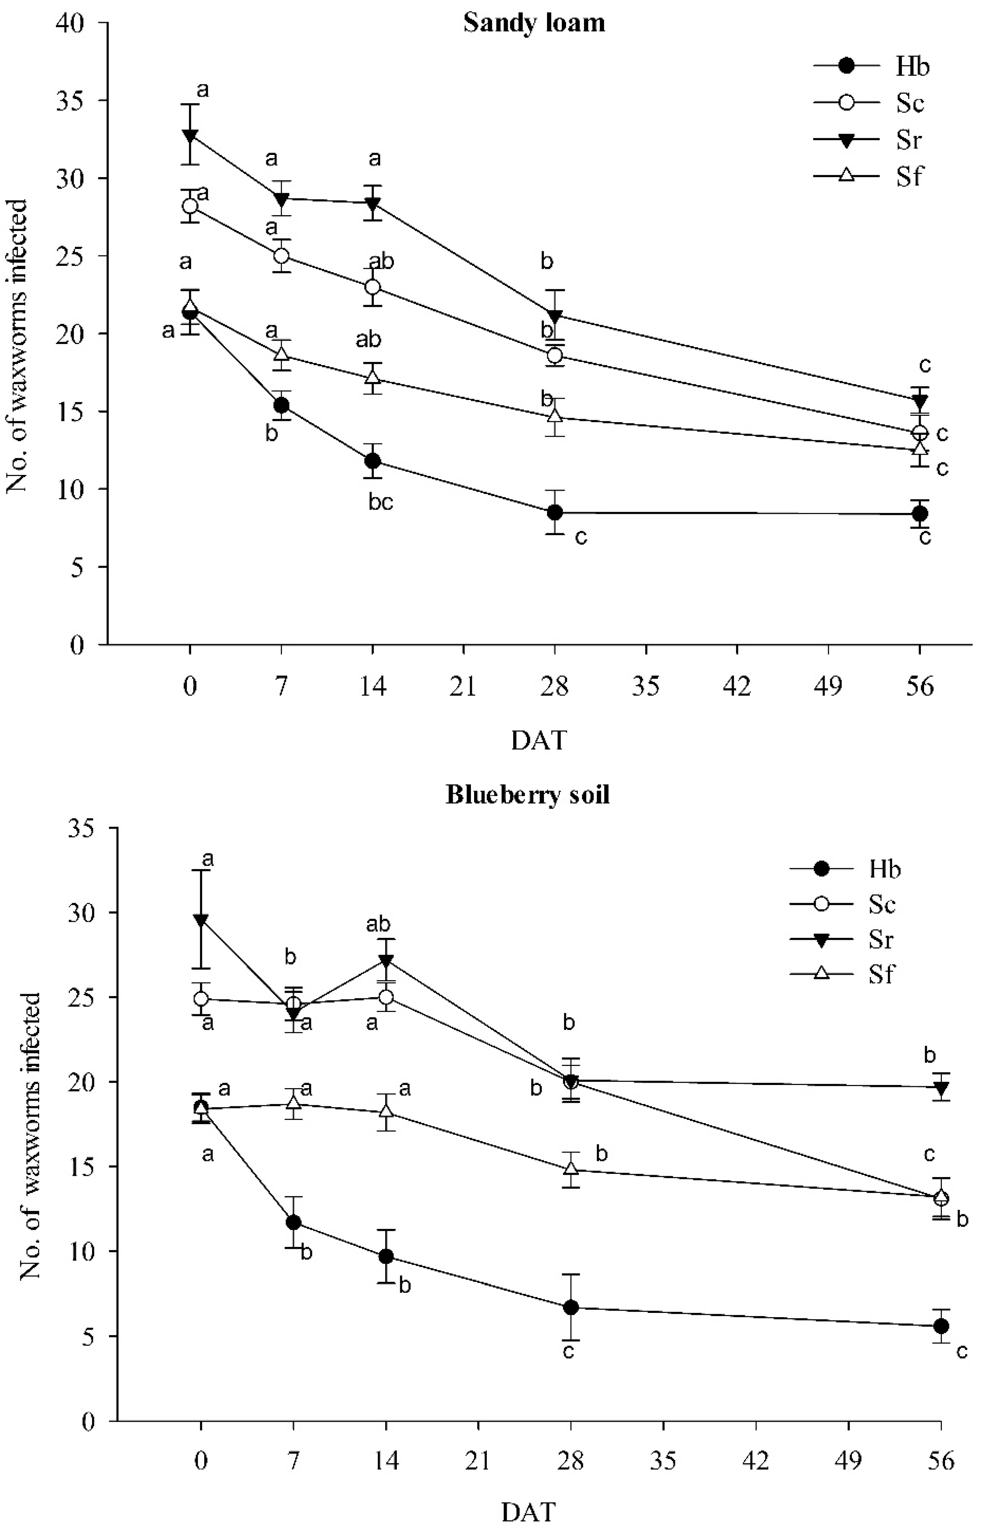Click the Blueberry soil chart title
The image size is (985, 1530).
tap(528, 795)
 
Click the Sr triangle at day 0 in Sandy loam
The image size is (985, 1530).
tap(190, 135)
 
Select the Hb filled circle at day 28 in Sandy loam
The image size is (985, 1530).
tap(554, 512)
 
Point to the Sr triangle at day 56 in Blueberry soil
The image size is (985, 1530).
tap(940, 1087)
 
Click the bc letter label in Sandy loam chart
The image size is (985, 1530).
tap(380, 503)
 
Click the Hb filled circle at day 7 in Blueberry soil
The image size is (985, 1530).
tap(293, 1223)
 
